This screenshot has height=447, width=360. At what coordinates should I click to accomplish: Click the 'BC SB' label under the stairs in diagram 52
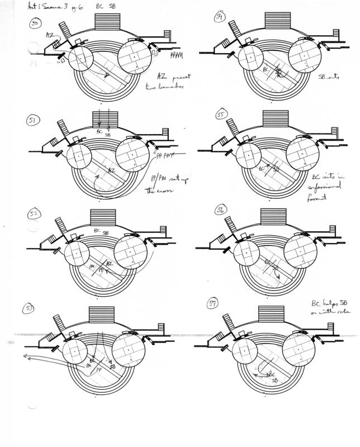point(102,230)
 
